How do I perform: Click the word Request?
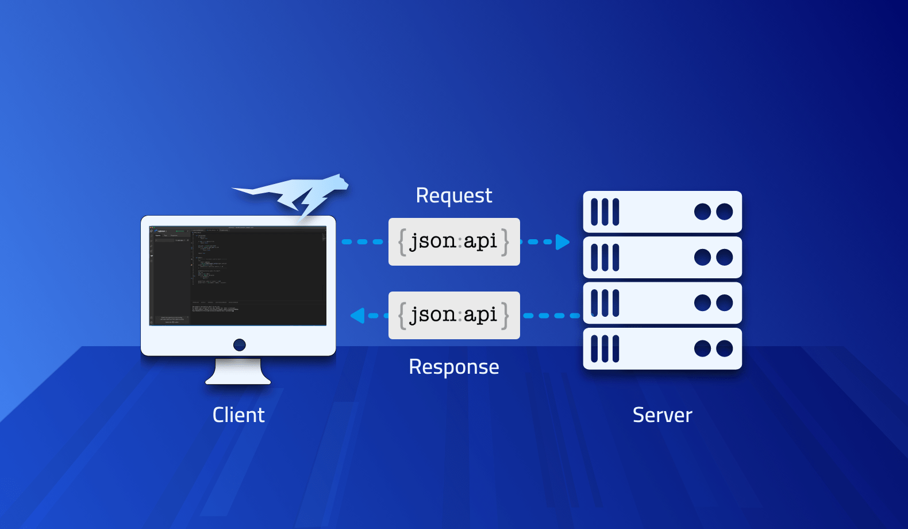pyautogui.click(x=453, y=195)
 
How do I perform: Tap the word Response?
pyautogui.click(x=453, y=367)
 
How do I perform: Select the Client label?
pyautogui.click(x=238, y=415)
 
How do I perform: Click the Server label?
pyautogui.click(x=662, y=415)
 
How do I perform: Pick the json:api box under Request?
pyautogui.click(x=454, y=241)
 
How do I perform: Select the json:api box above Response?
pyautogui.click(x=454, y=315)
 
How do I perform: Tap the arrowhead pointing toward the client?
pyautogui.click(x=358, y=315)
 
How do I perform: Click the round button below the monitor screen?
pyautogui.click(x=240, y=344)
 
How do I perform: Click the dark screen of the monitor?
pyautogui.click(x=238, y=275)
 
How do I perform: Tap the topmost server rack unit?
pyautogui.click(x=662, y=212)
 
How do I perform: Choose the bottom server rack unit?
pyautogui.click(x=662, y=348)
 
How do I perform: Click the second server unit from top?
pyautogui.click(x=662, y=257)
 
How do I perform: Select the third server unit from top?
pyautogui.click(x=662, y=303)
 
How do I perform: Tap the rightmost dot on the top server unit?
pyautogui.click(x=725, y=212)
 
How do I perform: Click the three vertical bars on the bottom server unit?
pyautogui.click(x=605, y=348)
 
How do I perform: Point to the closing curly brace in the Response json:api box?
pyautogui.click(x=505, y=315)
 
